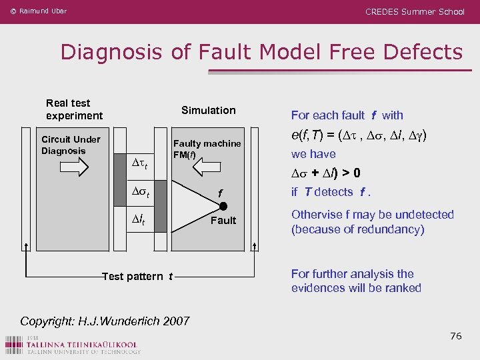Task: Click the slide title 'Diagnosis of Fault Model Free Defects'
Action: point(261,52)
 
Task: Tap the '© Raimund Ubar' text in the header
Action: point(39,11)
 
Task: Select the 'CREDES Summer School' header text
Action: point(415,11)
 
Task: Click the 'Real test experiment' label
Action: point(74,109)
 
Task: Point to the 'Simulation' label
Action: point(208,110)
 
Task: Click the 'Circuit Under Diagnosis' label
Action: point(70,145)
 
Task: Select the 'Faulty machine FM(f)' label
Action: point(207,149)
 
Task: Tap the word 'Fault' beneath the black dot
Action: point(223,221)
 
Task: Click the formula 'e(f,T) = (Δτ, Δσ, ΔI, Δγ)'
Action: point(359,136)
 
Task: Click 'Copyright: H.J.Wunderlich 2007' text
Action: point(105,321)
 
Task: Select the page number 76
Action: point(455,336)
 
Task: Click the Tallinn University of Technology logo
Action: point(73,345)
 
